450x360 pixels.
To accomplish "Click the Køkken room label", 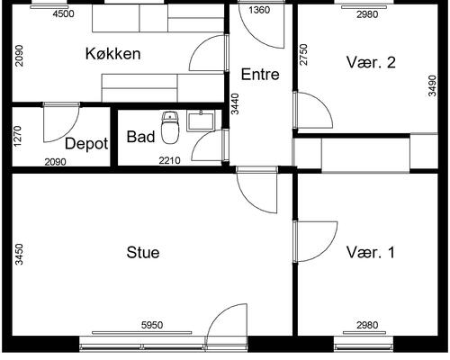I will pos(113,54).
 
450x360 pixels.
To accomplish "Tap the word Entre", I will pos(260,74).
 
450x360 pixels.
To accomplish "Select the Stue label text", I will pos(142,253).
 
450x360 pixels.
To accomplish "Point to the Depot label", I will pos(86,144).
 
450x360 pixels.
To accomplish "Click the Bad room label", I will pos(139,138).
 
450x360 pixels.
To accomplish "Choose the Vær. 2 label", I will pos(370,62).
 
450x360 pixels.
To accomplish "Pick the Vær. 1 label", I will pos(370,253).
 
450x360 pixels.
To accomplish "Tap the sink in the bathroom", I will pos(199,119).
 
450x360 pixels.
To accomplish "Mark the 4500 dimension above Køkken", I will pos(64,14).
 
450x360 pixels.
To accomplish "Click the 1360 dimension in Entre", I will pos(259,11).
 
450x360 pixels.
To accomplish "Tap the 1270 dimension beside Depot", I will pos(17,137).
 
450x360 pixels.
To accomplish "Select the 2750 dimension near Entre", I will pos(303,54).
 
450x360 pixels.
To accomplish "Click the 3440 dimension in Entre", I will pos(235,105).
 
